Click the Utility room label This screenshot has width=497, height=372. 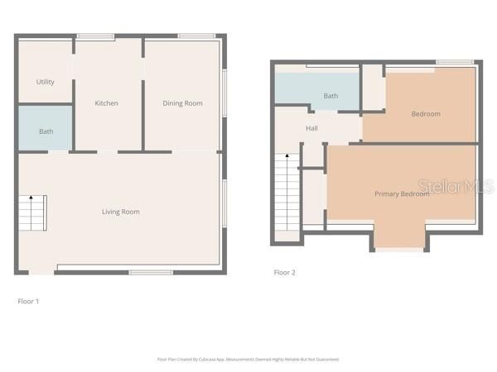click(46, 82)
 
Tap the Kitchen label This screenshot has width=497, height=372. click(106, 103)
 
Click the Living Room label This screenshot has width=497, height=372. click(120, 212)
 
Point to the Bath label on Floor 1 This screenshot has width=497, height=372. click(46, 131)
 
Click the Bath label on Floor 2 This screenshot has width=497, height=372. click(331, 96)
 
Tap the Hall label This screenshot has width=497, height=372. click(311, 128)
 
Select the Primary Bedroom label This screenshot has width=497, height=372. click(402, 193)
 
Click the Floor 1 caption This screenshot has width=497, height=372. click(28, 301)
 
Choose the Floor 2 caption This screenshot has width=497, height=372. click(284, 272)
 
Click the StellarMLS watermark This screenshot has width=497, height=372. click(456, 187)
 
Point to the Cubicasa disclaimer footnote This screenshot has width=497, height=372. click(248, 360)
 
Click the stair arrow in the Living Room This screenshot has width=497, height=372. click(31, 199)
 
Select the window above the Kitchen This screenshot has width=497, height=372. click(95, 36)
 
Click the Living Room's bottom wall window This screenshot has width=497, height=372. click(151, 272)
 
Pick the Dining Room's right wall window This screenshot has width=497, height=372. click(224, 91)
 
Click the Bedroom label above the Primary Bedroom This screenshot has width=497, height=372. click(426, 114)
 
